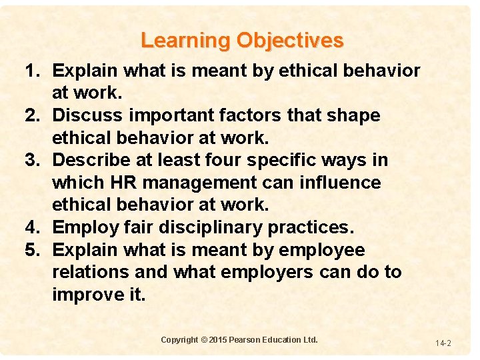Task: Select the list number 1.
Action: [33, 71]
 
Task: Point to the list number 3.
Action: [33, 161]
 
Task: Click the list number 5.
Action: [33, 250]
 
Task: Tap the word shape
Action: [354, 116]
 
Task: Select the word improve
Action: [87, 295]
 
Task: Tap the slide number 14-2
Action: [443, 343]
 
